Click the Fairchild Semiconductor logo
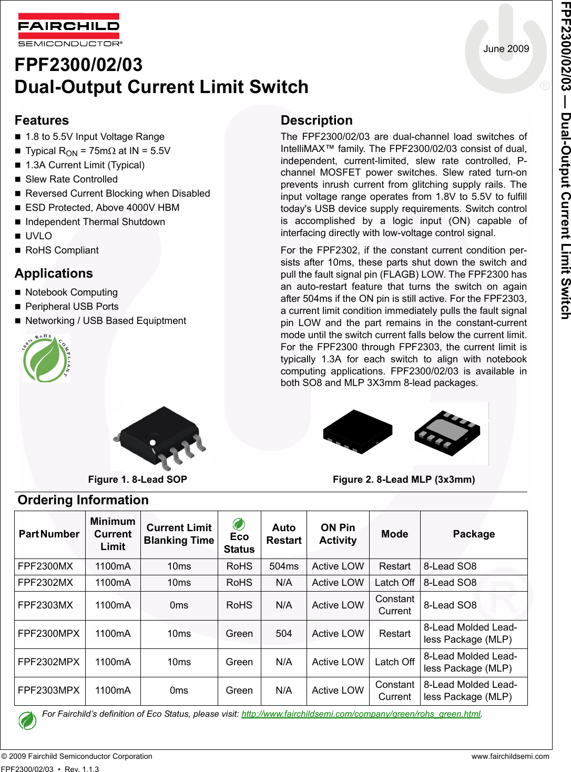(x=69, y=29)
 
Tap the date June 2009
(x=506, y=49)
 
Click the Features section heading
(x=42, y=120)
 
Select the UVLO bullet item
(x=38, y=236)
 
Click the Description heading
(x=316, y=120)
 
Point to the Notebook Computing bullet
(x=71, y=292)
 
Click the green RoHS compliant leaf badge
(x=46, y=358)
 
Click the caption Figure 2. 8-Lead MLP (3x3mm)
(x=403, y=480)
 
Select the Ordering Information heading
(x=83, y=500)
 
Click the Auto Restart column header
(x=283, y=534)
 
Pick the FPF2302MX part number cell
(x=45, y=583)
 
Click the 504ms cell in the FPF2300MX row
(x=283, y=566)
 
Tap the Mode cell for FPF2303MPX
(x=394, y=690)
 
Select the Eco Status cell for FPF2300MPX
(x=239, y=634)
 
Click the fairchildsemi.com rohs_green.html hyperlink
(x=361, y=714)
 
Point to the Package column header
(x=473, y=534)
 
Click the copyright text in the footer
(x=77, y=756)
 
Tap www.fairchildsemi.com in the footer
(x=510, y=756)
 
